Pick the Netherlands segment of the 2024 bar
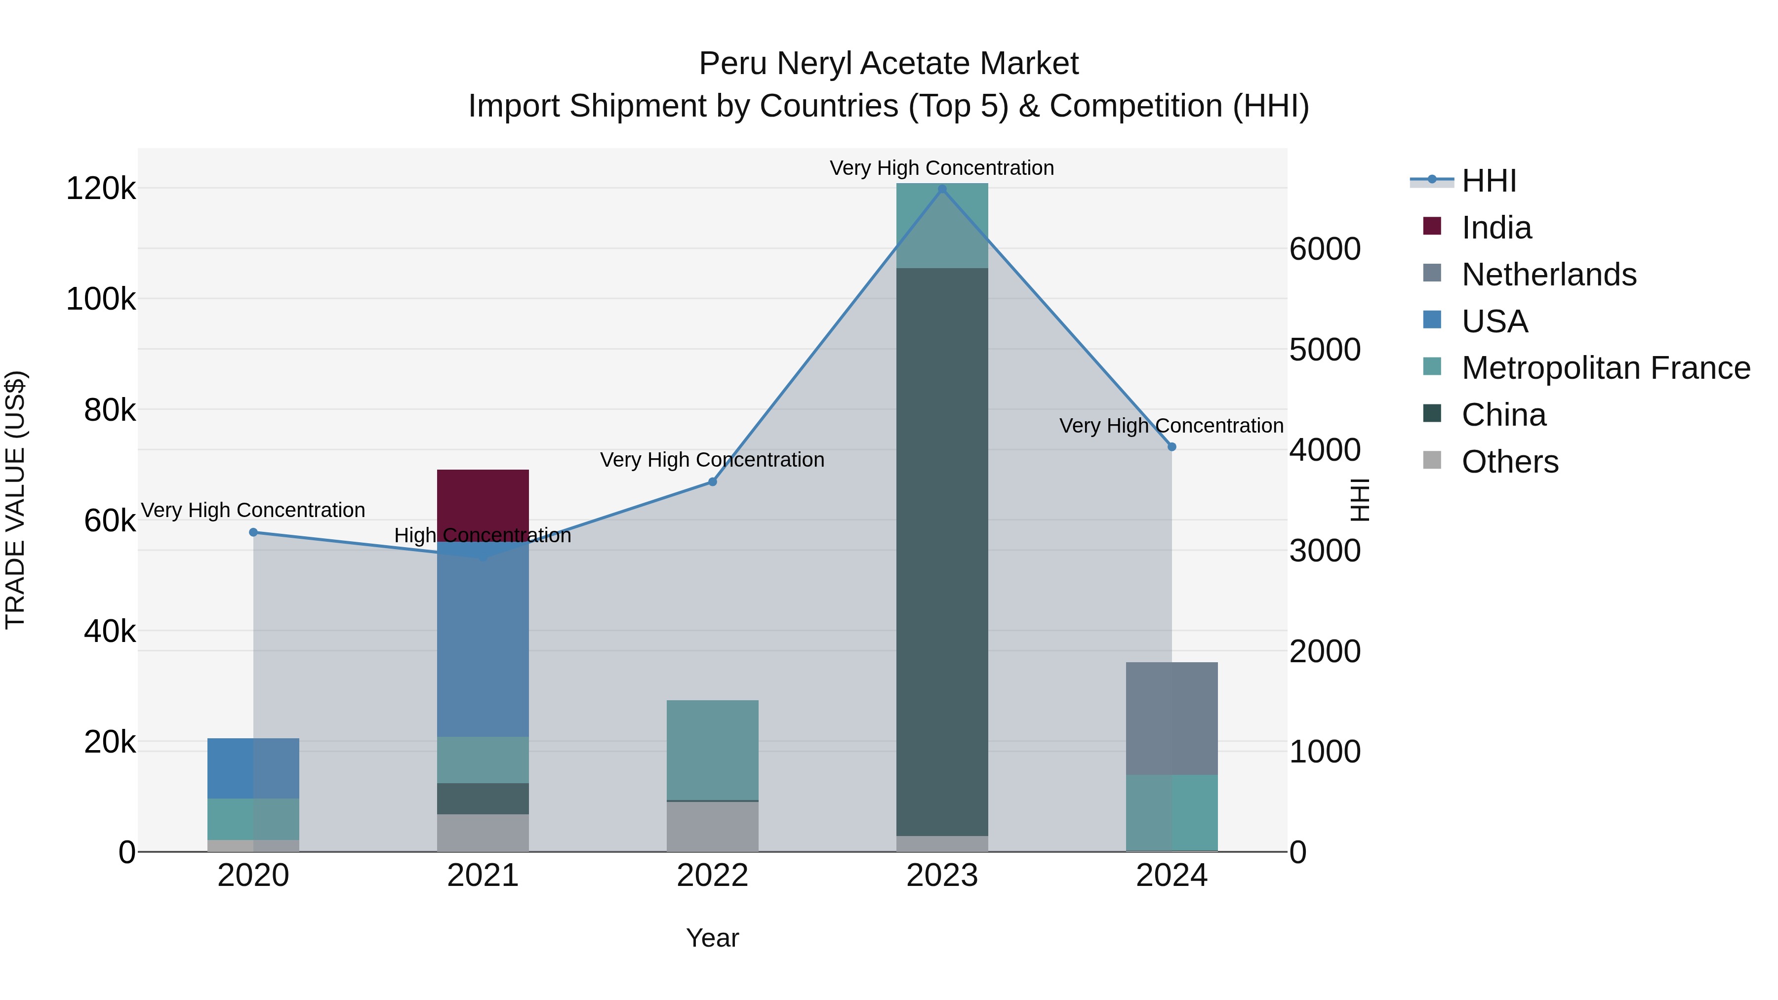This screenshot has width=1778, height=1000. (1172, 718)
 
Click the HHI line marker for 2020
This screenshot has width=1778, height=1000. (253, 532)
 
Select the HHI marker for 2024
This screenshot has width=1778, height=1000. (1172, 446)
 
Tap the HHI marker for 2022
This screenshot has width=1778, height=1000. (712, 481)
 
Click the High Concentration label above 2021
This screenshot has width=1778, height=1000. (483, 535)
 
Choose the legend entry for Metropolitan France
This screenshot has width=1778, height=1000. (1606, 368)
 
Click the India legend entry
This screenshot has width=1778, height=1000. (1496, 228)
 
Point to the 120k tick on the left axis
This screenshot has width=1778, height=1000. (101, 189)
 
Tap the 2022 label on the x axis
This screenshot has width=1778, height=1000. (712, 876)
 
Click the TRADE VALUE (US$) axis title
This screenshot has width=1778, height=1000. (15, 500)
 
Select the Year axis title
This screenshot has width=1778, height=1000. (712, 938)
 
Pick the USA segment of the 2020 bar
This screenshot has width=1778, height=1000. (253, 767)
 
